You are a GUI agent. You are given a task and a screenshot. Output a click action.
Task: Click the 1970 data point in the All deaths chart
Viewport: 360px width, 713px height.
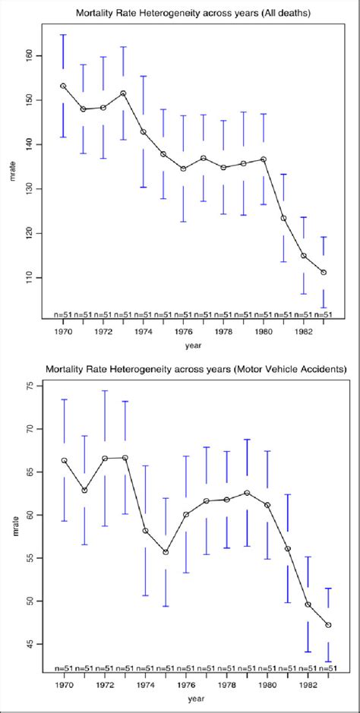(63, 86)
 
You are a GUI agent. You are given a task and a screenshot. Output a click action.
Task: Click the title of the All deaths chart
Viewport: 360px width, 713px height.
(192, 14)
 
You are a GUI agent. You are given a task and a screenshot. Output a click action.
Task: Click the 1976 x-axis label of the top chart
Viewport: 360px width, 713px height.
(184, 331)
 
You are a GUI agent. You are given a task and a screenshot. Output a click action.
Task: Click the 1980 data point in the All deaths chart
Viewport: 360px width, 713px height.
(264, 159)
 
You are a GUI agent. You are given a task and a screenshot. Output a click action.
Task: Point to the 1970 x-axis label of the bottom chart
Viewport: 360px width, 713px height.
(64, 685)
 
